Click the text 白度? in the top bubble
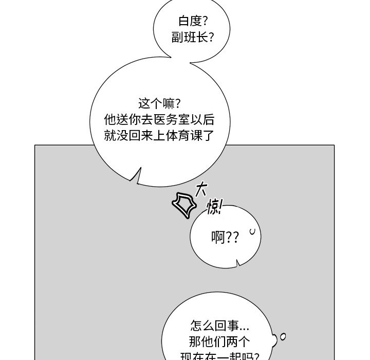(x=193, y=22)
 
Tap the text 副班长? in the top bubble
(x=193, y=38)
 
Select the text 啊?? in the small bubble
(x=225, y=238)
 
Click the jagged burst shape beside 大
(x=183, y=204)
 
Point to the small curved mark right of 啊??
(x=252, y=232)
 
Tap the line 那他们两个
(x=219, y=341)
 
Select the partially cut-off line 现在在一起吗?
(x=219, y=356)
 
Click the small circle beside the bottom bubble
(x=282, y=337)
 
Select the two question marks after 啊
(x=232, y=238)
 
